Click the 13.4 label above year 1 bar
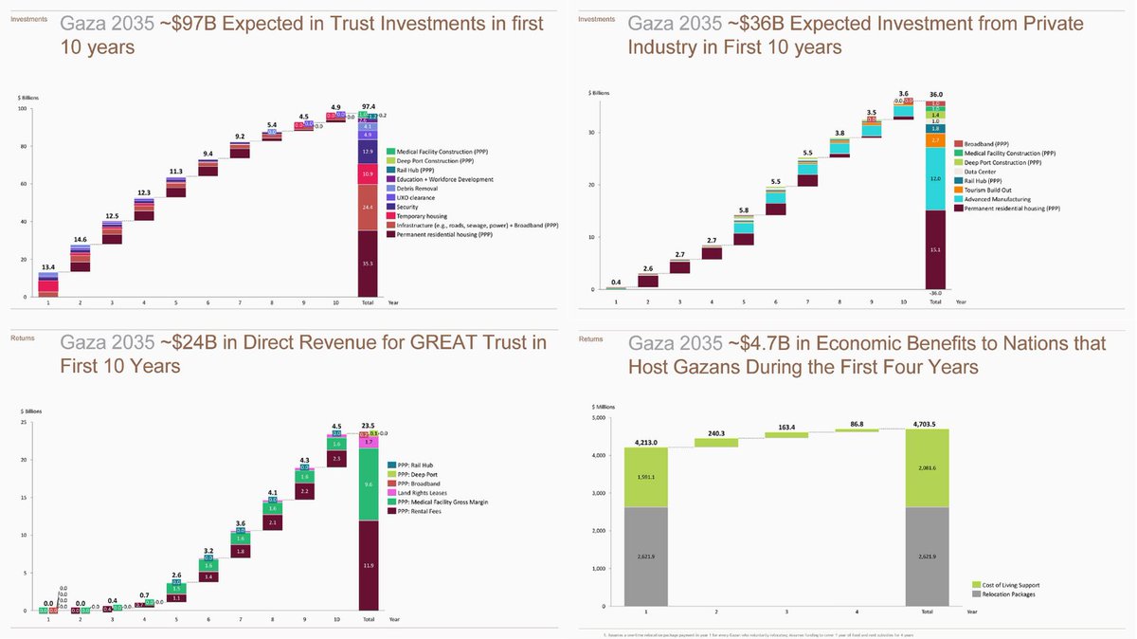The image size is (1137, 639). [46, 267]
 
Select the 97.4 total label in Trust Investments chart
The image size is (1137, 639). [368, 107]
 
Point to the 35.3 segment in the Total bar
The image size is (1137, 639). [368, 264]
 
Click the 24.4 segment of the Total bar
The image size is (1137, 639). [368, 208]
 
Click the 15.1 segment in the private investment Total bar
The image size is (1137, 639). [935, 249]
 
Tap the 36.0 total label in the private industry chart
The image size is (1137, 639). [935, 95]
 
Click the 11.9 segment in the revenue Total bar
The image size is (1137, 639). [368, 565]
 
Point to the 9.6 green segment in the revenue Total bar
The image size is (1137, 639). [368, 484]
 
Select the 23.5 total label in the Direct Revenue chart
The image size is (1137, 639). [368, 426]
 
